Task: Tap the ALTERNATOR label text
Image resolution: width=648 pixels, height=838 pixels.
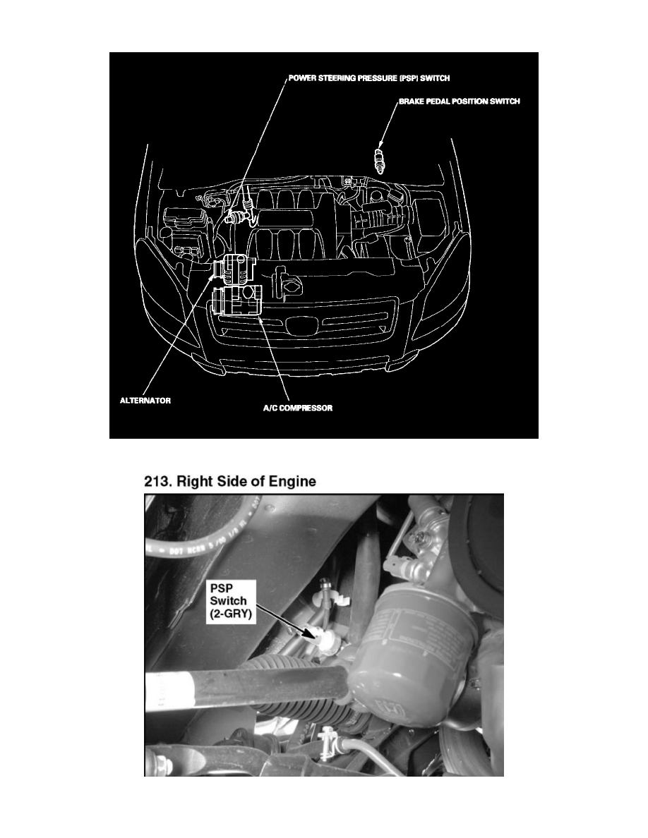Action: click(143, 399)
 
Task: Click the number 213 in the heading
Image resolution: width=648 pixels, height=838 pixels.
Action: click(157, 482)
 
